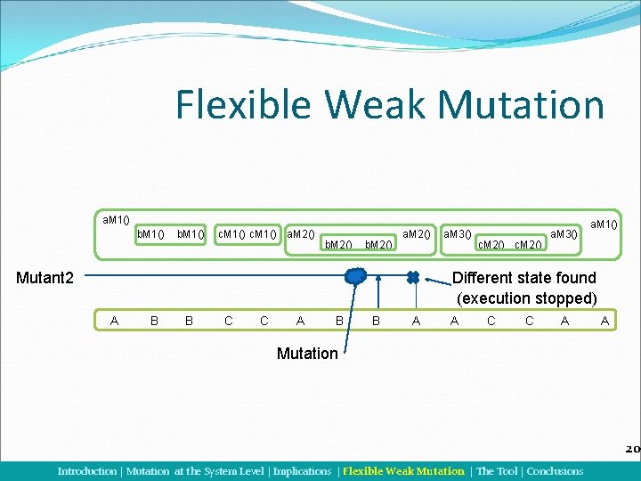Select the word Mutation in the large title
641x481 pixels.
(522, 105)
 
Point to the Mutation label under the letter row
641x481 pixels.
(307, 354)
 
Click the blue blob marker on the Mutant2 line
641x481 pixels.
(355, 278)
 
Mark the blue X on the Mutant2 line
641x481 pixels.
(413, 277)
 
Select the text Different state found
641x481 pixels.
(524, 278)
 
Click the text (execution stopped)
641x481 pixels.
(526, 298)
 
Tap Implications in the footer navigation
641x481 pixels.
(304, 471)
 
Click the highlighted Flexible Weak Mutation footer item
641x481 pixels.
(403, 471)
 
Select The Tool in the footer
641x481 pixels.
(497, 471)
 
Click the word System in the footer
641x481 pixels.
(221, 471)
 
